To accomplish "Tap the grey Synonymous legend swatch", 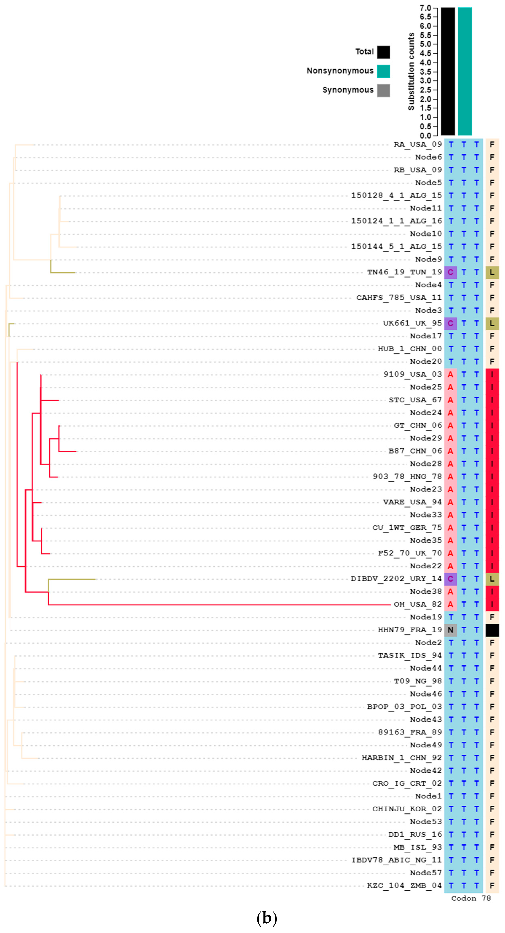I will tap(384, 91).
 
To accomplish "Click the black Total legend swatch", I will tap(384, 52).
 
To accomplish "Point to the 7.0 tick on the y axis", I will tap(425, 8).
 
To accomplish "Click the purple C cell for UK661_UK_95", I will tap(450, 323).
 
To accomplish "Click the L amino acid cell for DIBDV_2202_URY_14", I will tap(492, 579).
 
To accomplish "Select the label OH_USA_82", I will tap(418, 604).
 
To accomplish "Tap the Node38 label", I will tap(426, 592).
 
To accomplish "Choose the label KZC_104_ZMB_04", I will tap(404, 885).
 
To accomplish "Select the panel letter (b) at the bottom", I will tap(267, 918).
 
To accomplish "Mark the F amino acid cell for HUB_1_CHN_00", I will tap(492, 349).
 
